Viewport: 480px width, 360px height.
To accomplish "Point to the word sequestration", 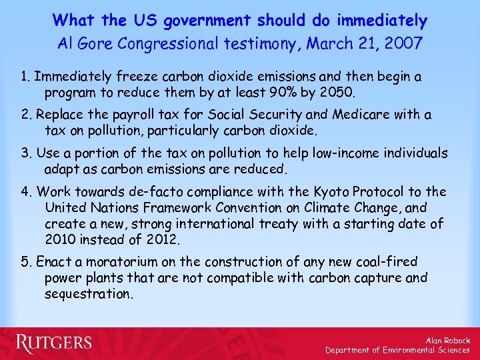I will click(x=89, y=293).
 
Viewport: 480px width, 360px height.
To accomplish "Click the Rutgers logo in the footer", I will click(x=54, y=343).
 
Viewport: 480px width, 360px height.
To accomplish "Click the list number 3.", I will click(x=25, y=153).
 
